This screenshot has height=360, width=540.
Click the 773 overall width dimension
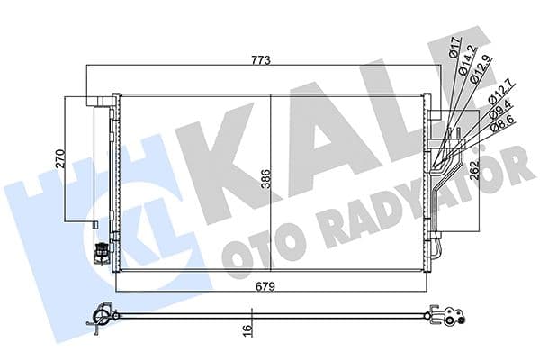(262, 59)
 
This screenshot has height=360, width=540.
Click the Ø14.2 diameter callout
(465, 61)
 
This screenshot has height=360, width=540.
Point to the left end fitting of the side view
(102, 317)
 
